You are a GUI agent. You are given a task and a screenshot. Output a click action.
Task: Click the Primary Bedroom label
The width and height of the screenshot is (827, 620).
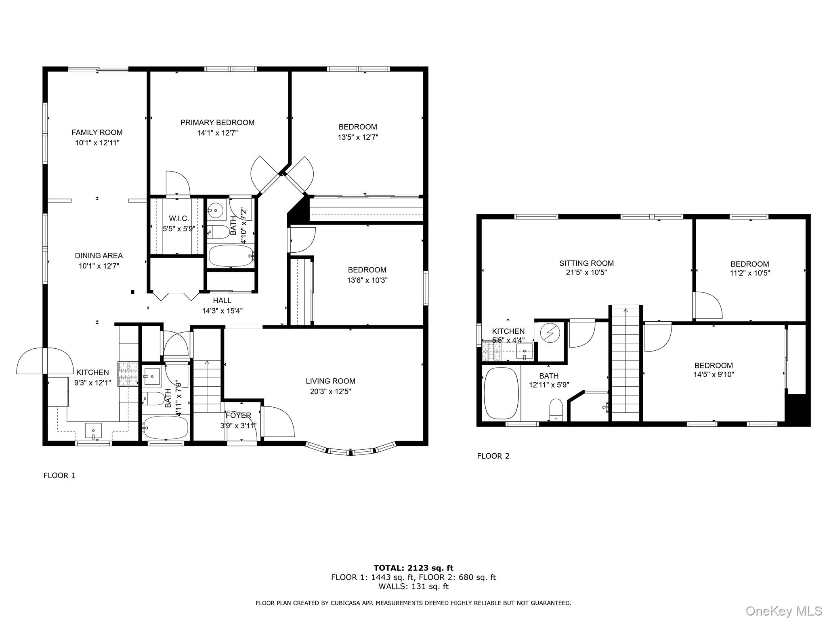[217, 122]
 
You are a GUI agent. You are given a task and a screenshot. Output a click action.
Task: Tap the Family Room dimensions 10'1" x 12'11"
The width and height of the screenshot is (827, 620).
[97, 142]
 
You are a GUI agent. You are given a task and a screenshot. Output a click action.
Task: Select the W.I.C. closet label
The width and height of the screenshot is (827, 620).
[179, 218]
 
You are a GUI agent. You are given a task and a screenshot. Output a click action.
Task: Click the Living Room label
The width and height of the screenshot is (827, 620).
[330, 381]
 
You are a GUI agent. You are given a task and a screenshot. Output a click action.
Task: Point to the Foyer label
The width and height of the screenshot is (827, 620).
[238, 415]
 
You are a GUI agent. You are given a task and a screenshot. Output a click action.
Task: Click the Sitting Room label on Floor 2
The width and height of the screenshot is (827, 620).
[586, 263]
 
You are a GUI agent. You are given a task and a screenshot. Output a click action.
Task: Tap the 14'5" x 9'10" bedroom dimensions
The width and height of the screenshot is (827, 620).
[714, 374]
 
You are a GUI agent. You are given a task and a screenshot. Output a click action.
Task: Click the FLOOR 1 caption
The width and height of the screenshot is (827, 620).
[59, 475]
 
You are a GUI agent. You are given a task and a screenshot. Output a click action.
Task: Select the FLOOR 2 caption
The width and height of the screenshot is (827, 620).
[493, 456]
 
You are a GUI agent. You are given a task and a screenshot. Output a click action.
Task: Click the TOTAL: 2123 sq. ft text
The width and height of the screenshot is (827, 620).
[413, 568]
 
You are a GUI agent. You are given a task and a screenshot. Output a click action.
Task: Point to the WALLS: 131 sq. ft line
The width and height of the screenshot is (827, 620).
[413, 586]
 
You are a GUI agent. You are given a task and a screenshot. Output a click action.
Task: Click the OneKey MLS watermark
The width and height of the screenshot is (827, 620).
[783, 611]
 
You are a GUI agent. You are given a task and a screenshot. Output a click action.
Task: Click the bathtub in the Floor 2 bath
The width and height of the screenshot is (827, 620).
[501, 393]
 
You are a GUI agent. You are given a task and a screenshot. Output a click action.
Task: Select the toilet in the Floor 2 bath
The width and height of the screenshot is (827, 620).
[556, 410]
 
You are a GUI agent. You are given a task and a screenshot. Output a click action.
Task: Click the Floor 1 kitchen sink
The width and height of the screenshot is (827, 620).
[93, 430]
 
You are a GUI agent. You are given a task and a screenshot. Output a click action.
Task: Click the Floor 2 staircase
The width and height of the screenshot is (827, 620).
[625, 363]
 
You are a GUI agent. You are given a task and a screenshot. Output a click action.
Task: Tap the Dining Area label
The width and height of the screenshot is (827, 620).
[99, 256]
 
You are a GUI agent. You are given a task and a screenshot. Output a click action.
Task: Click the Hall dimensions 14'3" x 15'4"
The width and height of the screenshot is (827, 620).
[222, 311]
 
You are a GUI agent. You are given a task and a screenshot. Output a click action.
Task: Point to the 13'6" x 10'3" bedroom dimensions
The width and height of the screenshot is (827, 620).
[367, 280]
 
